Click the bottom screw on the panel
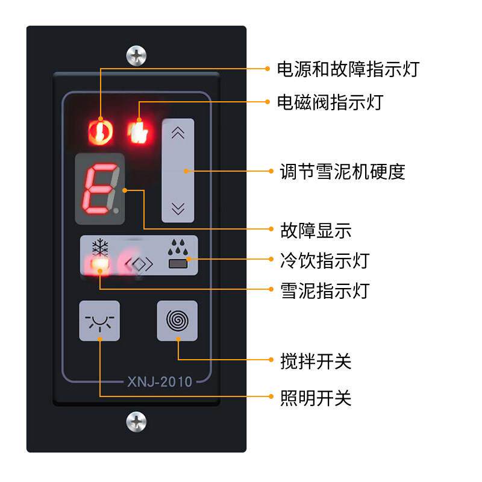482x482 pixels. tap(137, 421)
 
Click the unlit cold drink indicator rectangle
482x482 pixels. tap(178, 263)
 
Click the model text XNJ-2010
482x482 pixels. tap(159, 381)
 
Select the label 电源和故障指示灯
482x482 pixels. tap(348, 69)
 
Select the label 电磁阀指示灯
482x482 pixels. tap(330, 102)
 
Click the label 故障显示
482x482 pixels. tap(316, 230)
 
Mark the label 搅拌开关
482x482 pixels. tap(316, 361)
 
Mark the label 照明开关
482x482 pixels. tap(316, 398)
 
